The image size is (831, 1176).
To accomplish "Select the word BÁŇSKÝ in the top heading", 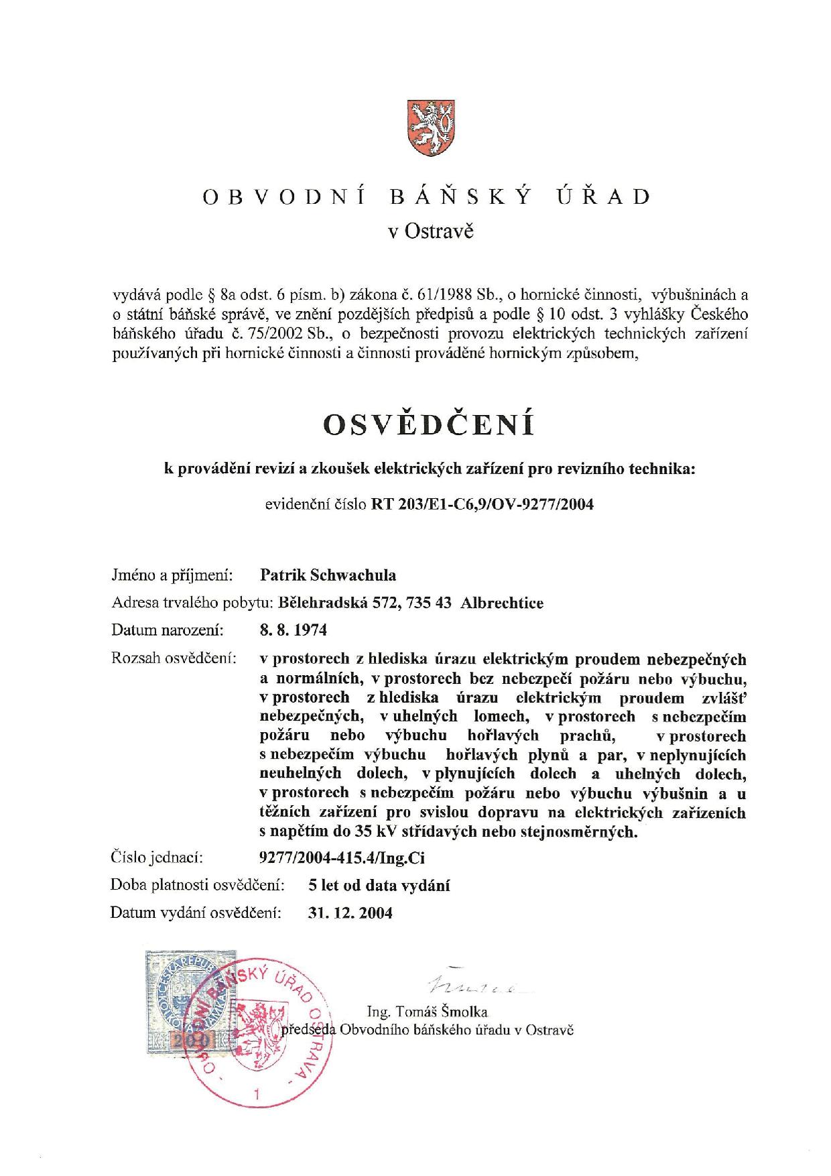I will coord(461,196).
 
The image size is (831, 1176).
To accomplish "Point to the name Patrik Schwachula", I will coord(327,575).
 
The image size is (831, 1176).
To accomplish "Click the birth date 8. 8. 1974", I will coord(293,630).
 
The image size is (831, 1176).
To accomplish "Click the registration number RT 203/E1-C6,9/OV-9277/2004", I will coord(483,504).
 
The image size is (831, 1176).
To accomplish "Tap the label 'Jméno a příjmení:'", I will coord(172,575).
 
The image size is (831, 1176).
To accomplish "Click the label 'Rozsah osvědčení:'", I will coord(174,658).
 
